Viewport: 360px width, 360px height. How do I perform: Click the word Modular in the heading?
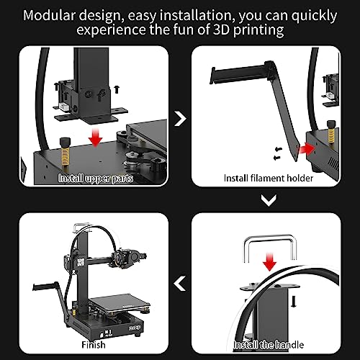[x=62, y=14]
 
